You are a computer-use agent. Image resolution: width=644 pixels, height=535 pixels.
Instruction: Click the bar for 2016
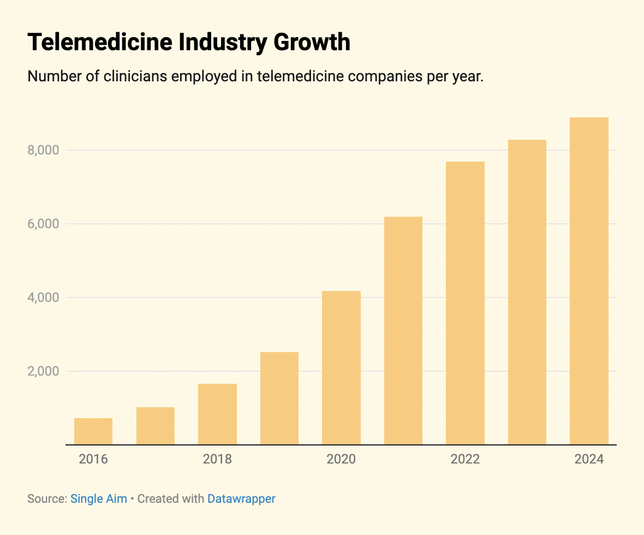[93, 431]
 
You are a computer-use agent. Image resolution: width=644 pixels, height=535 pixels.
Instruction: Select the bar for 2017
[156, 426]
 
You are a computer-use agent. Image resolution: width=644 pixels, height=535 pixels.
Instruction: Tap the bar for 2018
[217, 414]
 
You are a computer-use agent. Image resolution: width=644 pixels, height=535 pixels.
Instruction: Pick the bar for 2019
[279, 399]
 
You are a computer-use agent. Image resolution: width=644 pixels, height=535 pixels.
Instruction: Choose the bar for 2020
[341, 368]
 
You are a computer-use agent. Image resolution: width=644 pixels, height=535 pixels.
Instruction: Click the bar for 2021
[403, 331]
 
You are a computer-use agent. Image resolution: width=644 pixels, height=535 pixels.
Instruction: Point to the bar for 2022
[465, 303]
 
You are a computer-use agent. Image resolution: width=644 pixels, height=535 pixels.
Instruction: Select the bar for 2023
[527, 292]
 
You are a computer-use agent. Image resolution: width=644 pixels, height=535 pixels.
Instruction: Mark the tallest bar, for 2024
[589, 281]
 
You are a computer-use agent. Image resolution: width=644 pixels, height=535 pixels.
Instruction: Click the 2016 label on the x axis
[93, 459]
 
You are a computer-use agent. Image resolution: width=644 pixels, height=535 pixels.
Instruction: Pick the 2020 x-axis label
[341, 459]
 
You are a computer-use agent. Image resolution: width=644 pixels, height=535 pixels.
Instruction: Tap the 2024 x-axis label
[589, 459]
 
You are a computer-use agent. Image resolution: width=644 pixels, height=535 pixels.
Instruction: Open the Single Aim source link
[99, 498]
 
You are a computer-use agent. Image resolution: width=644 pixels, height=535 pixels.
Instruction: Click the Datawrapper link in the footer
[241, 498]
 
